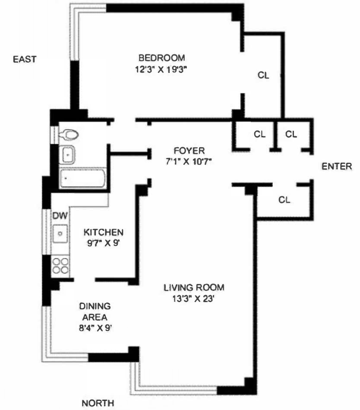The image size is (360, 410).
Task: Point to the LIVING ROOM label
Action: click(x=194, y=287)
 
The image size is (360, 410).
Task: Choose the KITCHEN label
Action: click(x=104, y=232)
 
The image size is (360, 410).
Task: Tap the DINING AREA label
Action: click(x=95, y=312)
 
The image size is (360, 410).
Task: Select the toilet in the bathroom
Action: click(x=69, y=135)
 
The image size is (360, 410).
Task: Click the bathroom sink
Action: click(x=67, y=154)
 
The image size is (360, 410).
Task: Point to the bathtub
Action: click(x=82, y=178)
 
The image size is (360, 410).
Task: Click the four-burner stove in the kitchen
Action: click(x=60, y=265)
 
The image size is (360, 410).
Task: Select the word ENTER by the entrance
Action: click(x=337, y=166)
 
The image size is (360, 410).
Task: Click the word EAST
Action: click(x=24, y=59)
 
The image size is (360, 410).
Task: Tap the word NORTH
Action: click(x=98, y=403)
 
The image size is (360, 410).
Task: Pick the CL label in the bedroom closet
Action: click(x=263, y=75)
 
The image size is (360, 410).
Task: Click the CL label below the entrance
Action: click(x=284, y=200)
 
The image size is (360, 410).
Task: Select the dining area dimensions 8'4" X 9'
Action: click(x=95, y=327)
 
